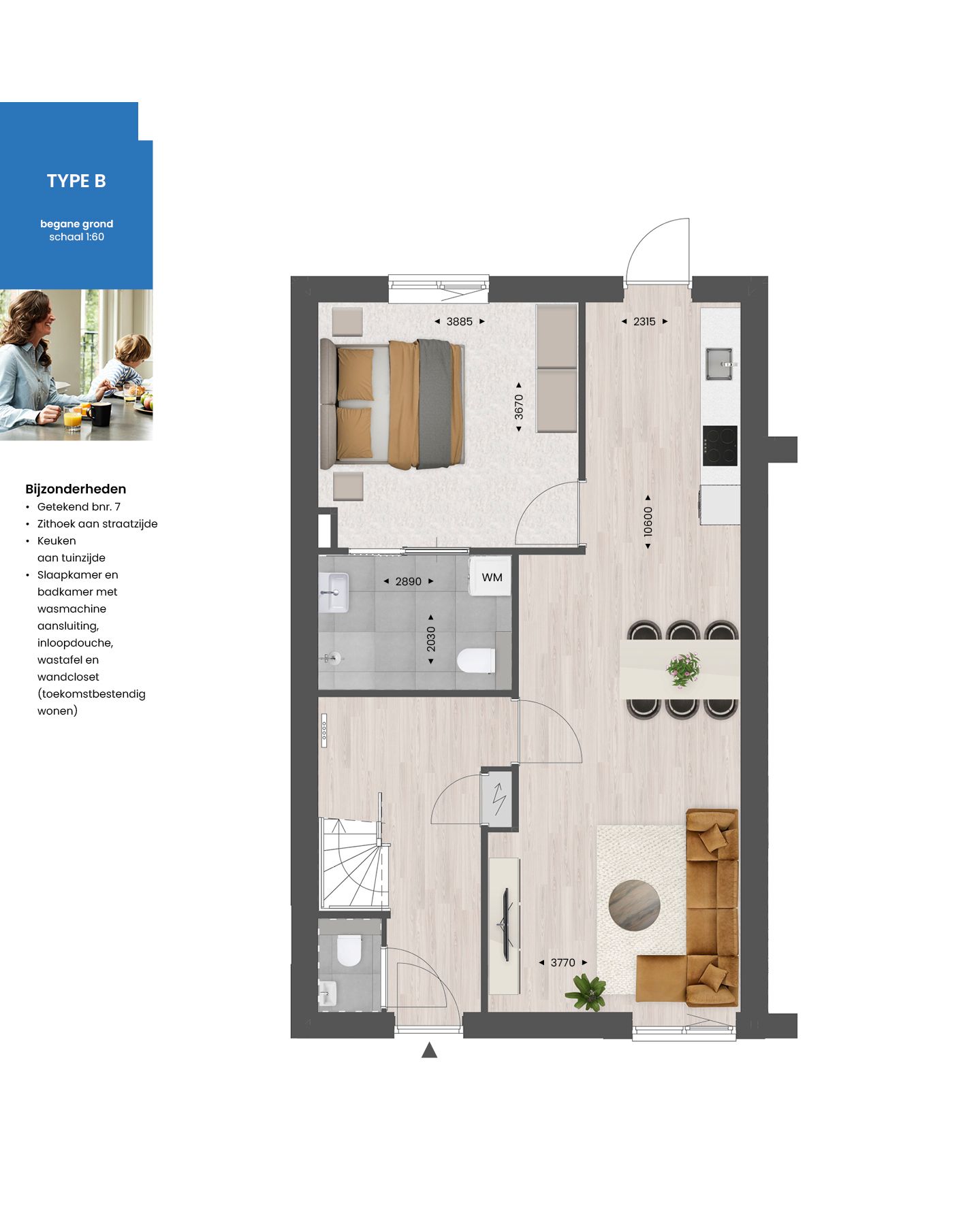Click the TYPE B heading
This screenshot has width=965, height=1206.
[76, 181]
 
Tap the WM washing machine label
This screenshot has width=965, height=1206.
[492, 578]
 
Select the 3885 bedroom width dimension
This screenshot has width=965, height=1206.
[459, 322]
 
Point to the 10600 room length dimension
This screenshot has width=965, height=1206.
[648, 521]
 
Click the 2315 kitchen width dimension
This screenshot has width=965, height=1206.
[644, 322]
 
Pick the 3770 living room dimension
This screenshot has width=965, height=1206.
[563, 963]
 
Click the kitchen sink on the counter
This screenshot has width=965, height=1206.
[719, 363]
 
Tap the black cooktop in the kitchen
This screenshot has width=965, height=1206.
[720, 446]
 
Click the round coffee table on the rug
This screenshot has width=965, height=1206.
[634, 904]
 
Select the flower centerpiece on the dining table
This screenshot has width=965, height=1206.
[683, 670]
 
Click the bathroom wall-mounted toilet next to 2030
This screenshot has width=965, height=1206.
[476, 660]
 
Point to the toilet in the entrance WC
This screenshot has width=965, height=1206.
[349, 950]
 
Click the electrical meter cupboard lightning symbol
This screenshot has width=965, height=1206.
[499, 798]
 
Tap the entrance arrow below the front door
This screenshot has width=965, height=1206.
[429, 1050]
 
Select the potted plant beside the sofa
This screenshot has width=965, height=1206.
[586, 992]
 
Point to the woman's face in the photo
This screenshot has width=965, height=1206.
[38, 320]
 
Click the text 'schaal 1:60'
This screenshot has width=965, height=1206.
[76, 237]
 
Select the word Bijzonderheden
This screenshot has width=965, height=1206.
[76, 489]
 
